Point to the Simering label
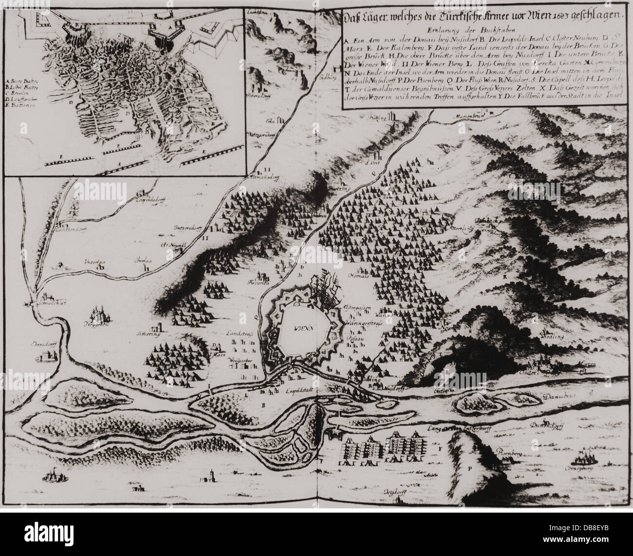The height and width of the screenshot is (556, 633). coord(149,334)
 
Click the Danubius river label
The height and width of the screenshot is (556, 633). coord(556,396)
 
